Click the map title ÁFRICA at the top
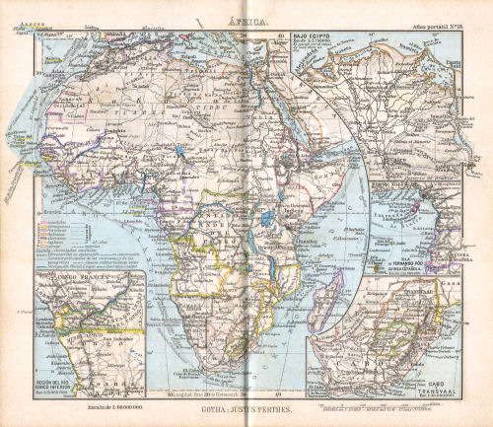246,17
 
